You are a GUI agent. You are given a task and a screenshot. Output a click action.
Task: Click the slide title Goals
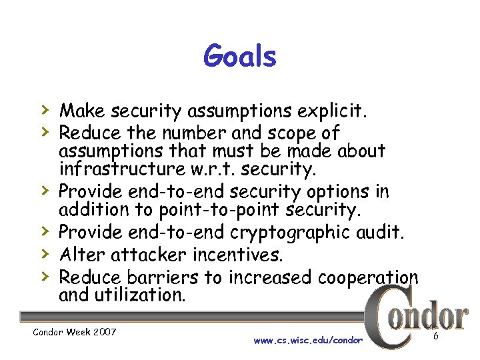click(240, 56)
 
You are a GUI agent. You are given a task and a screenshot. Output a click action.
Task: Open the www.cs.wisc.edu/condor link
click(308, 341)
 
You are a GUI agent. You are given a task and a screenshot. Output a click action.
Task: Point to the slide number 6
click(435, 337)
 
